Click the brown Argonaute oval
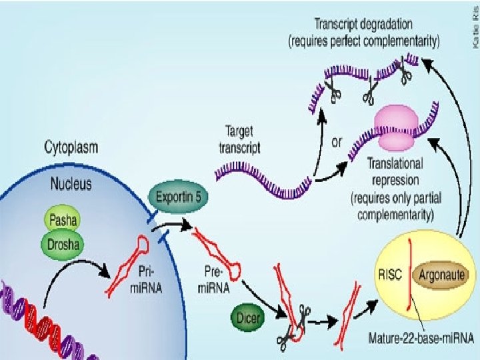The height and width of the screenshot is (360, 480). [x=443, y=274]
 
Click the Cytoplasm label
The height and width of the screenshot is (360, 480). [x=71, y=145]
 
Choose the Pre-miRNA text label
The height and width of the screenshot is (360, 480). [x=214, y=281]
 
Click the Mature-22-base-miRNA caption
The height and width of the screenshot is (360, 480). [x=417, y=338]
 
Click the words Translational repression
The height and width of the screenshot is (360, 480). [x=395, y=171]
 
